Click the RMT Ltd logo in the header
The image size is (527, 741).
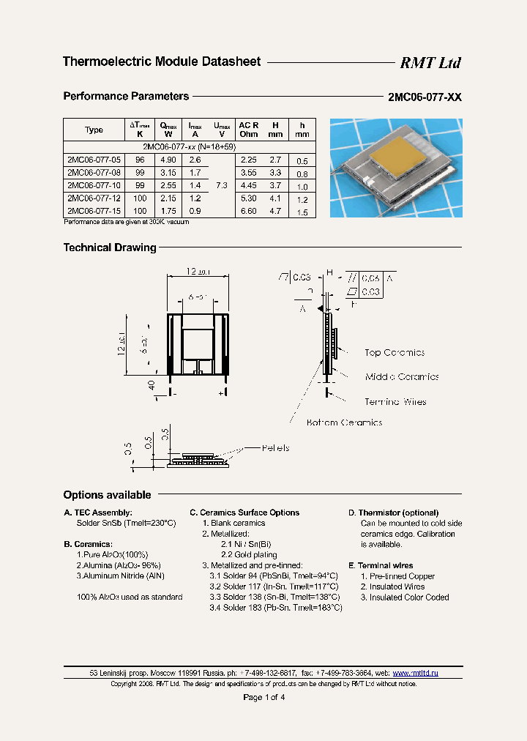430,63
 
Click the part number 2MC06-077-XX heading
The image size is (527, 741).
425,97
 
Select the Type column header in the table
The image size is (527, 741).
94,130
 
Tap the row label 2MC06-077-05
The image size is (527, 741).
90,160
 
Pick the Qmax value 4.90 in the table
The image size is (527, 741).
168,160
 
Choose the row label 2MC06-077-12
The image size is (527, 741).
90,198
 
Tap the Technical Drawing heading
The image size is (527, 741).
110,247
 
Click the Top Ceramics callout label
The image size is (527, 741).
395,353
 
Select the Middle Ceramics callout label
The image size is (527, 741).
402,377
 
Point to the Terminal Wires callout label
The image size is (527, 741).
395,402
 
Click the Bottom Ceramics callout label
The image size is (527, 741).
344,422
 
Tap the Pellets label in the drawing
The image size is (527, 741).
275,448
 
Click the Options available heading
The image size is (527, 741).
107,495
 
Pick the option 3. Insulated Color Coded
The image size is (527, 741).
404,597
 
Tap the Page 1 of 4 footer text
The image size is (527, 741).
263,697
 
